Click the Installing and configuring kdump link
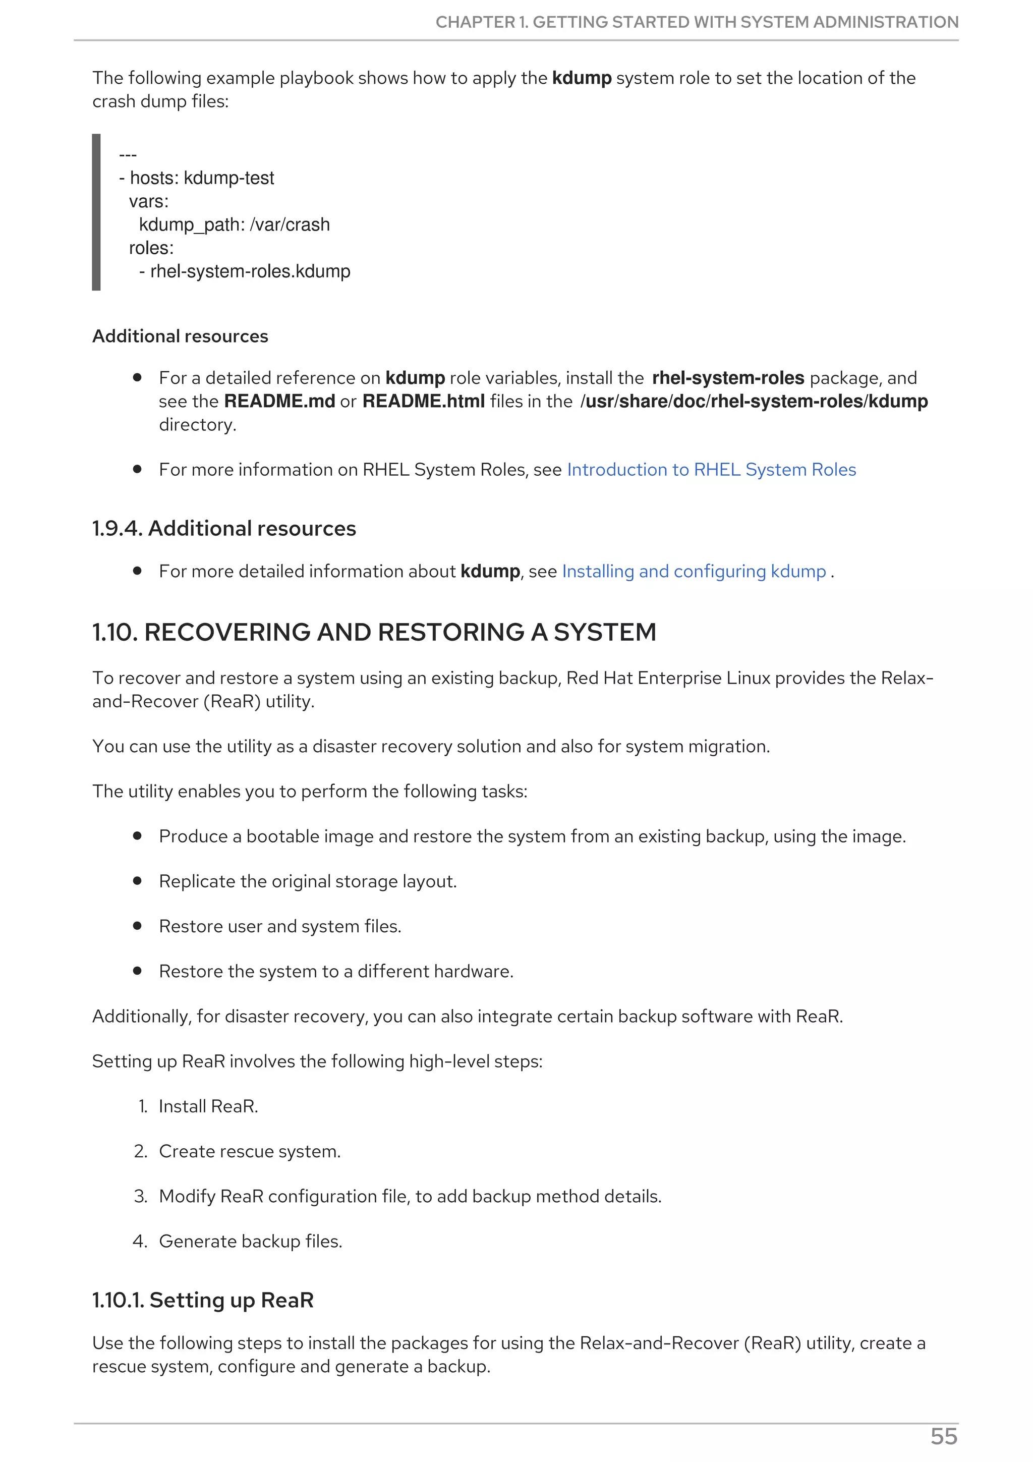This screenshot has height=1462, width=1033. (693, 571)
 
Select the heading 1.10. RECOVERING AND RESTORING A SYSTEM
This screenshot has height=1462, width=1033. (374, 632)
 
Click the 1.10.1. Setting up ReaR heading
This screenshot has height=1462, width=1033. (203, 1300)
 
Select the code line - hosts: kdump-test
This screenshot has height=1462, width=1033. (196, 178)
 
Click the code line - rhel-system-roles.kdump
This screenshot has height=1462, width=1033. (245, 271)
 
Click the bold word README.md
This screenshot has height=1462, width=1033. (279, 401)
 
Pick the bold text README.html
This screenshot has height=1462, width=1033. (423, 401)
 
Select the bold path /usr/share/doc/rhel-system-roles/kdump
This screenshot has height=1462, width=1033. (754, 401)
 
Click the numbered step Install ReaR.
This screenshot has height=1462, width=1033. (208, 1106)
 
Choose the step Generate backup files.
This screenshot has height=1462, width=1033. (250, 1241)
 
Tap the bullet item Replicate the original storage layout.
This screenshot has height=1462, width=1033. (307, 881)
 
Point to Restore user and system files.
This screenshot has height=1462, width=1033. (280, 926)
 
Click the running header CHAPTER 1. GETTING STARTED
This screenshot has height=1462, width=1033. (696, 22)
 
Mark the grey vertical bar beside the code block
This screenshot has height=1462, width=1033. (96, 212)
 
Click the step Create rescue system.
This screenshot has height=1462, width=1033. (250, 1151)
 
